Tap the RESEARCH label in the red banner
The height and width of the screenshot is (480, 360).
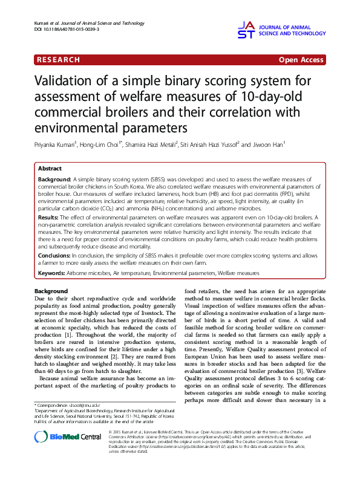click(58, 60)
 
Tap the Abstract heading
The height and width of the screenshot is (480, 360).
click(50, 169)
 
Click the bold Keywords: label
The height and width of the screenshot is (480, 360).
click(52, 273)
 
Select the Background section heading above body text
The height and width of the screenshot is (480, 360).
click(51, 291)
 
